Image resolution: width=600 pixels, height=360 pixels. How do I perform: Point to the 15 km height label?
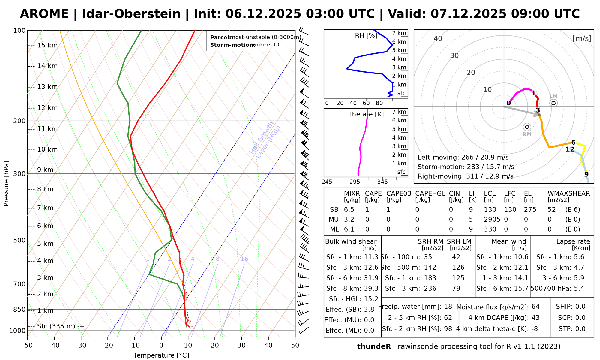(x=47, y=45)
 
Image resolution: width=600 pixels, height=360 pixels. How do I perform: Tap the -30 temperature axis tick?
(x=81, y=345)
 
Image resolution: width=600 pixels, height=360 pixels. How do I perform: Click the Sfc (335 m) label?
(x=56, y=326)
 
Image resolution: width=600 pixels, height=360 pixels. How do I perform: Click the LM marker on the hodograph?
(x=553, y=103)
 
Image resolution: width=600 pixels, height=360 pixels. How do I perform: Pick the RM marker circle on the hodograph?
(x=527, y=127)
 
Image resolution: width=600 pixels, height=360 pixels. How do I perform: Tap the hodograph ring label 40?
(x=438, y=38)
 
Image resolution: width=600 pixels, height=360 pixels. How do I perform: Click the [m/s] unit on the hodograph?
(x=582, y=38)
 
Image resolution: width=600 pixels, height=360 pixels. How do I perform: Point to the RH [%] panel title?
(x=366, y=35)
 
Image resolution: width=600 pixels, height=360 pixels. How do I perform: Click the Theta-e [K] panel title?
(x=366, y=114)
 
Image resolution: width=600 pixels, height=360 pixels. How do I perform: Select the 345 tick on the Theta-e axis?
(x=382, y=182)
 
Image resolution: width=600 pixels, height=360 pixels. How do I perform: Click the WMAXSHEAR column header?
(x=569, y=193)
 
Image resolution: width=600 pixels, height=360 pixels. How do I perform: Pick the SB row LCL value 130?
(x=490, y=210)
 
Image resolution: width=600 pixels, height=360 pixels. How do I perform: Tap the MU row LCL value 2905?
(x=492, y=220)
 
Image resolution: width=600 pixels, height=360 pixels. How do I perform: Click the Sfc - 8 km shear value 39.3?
(x=371, y=289)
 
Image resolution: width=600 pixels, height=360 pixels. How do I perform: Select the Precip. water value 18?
(x=448, y=307)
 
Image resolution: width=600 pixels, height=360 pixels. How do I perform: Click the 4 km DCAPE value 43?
(x=535, y=318)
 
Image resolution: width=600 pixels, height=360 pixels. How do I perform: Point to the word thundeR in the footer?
(x=374, y=346)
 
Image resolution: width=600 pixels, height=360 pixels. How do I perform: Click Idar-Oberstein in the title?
(x=131, y=14)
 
